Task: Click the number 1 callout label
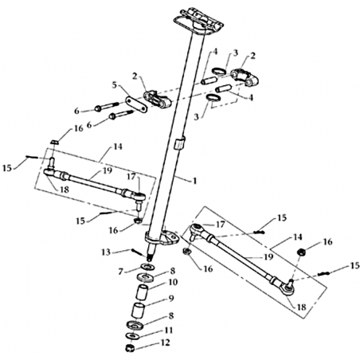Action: [x=195, y=181]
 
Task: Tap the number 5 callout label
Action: [x=115, y=85]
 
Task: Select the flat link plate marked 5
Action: [x=136, y=105]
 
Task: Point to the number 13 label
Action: [x=106, y=252]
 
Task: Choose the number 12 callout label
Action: [x=165, y=342]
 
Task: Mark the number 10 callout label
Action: [x=173, y=282]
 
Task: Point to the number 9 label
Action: [x=171, y=299]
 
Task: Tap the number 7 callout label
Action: [x=121, y=272]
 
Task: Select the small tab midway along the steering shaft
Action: [x=179, y=143]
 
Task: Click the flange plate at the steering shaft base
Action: [x=162, y=239]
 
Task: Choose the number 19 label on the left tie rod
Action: [x=108, y=170]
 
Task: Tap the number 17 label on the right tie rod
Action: [x=220, y=225]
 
